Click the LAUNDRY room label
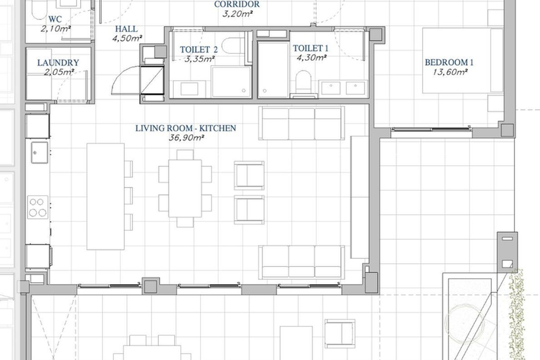point(58,63)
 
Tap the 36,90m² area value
point(186,138)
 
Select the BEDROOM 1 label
point(449,63)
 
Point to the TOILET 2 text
point(199,49)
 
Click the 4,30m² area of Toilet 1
point(312,58)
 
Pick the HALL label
point(126,29)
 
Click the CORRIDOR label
point(237,4)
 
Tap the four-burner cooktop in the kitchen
point(38,207)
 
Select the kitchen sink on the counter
point(40,153)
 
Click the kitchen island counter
point(106,197)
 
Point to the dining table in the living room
point(185,188)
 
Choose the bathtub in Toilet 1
point(274,70)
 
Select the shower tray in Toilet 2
point(231,82)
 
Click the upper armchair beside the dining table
point(249,175)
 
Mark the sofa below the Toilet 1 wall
point(301,123)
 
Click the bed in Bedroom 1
point(463,60)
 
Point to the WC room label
point(55,19)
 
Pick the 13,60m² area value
point(450,72)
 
